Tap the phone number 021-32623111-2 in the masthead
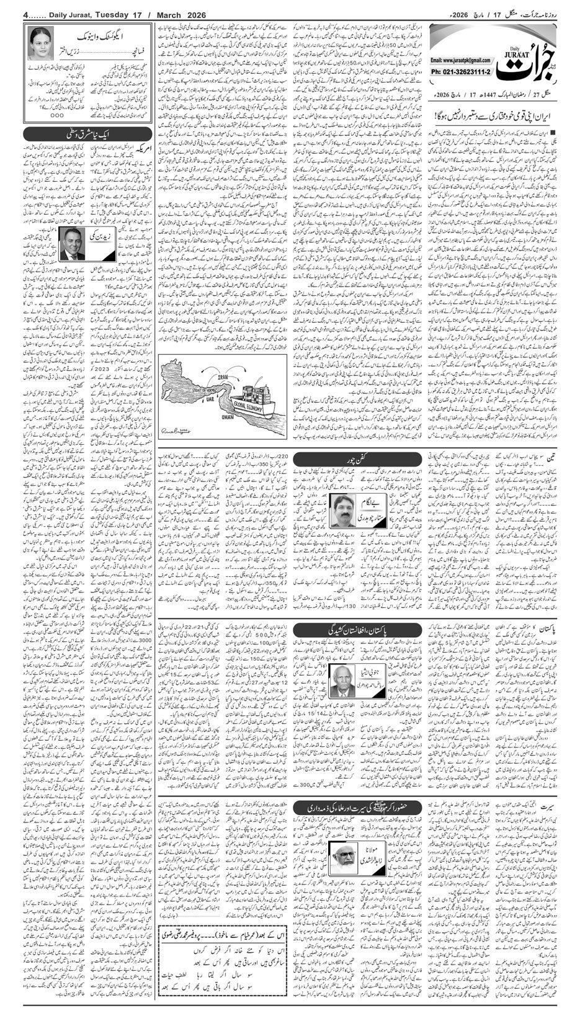462,72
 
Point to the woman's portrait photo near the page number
40,43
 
